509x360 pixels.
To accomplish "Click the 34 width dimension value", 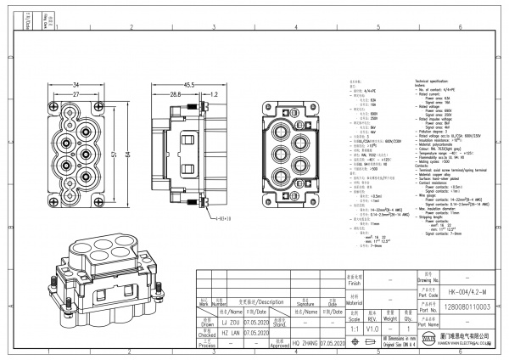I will click(x=76, y=84).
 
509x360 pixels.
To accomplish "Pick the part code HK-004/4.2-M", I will click(x=466, y=290).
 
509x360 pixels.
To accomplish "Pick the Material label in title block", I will click(x=355, y=301).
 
